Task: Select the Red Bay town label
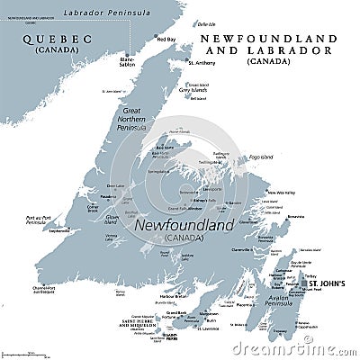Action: pyautogui.click(x=166, y=40)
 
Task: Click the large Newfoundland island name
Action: pyautogui.click(x=184, y=226)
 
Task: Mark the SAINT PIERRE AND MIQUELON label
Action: pyautogui.click(x=136, y=321)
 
